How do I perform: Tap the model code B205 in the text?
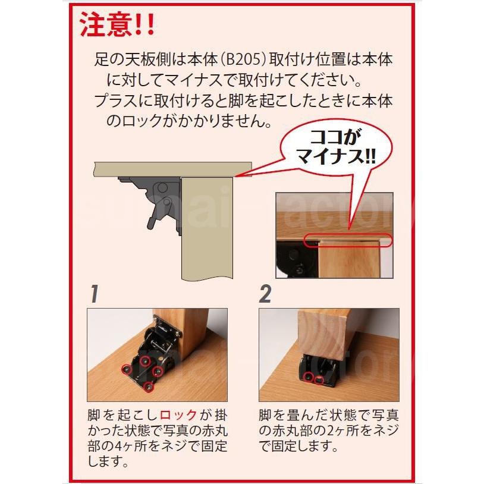(x=244, y=59)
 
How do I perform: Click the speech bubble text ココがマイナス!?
(x=336, y=147)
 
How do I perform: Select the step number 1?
(x=95, y=294)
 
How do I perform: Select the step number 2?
(x=265, y=294)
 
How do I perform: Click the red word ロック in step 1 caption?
(x=178, y=414)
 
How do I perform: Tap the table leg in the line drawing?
(x=206, y=228)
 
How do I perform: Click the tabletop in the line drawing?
(x=172, y=170)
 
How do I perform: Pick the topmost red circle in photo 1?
(x=144, y=360)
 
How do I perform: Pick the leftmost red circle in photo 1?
(x=127, y=369)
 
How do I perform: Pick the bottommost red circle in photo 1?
(x=149, y=386)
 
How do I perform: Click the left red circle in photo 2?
(x=308, y=376)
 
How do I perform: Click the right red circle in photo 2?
(x=319, y=380)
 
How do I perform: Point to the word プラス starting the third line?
(x=116, y=100)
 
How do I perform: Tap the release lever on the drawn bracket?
(x=153, y=218)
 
